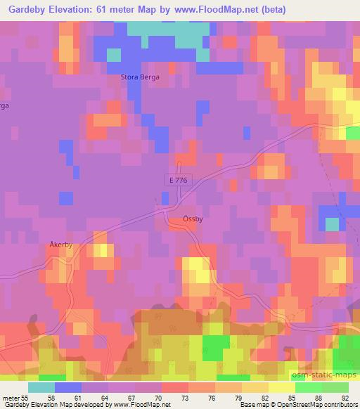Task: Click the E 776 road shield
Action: tap(179, 181)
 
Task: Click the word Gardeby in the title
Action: tap(27, 9)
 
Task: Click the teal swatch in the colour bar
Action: tap(41, 388)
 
